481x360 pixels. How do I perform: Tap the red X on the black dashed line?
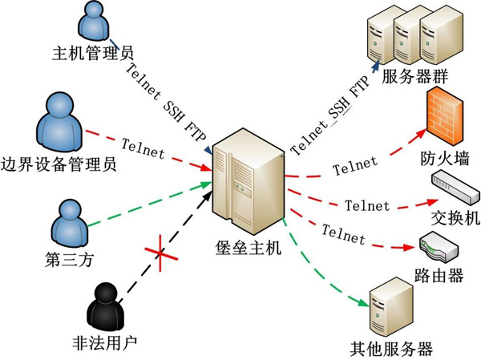click(160, 253)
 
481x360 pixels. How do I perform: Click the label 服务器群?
click(415, 78)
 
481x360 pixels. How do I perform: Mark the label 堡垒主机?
click(249, 250)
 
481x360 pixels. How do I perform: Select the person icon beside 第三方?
click(69, 220)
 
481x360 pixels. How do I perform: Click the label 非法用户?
click(105, 343)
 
